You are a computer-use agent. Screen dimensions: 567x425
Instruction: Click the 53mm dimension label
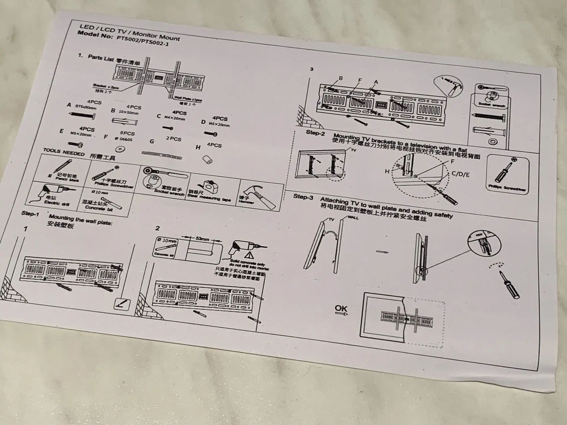(202, 239)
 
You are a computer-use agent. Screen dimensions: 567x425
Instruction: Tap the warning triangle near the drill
(249, 255)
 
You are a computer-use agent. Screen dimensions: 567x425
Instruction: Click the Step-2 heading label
(315, 133)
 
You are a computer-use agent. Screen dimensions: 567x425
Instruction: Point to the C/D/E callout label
(460, 175)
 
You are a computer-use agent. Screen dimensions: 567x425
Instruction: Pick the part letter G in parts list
(152, 141)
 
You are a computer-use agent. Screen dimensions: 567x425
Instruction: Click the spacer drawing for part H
(208, 160)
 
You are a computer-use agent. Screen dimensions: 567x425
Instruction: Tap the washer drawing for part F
(120, 149)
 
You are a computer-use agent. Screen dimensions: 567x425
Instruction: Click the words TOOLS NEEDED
(64, 152)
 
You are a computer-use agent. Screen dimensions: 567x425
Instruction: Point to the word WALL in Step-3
(353, 218)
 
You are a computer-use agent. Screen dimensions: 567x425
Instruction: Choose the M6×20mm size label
(219, 124)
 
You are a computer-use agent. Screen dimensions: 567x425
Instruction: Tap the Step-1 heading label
(30, 213)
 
